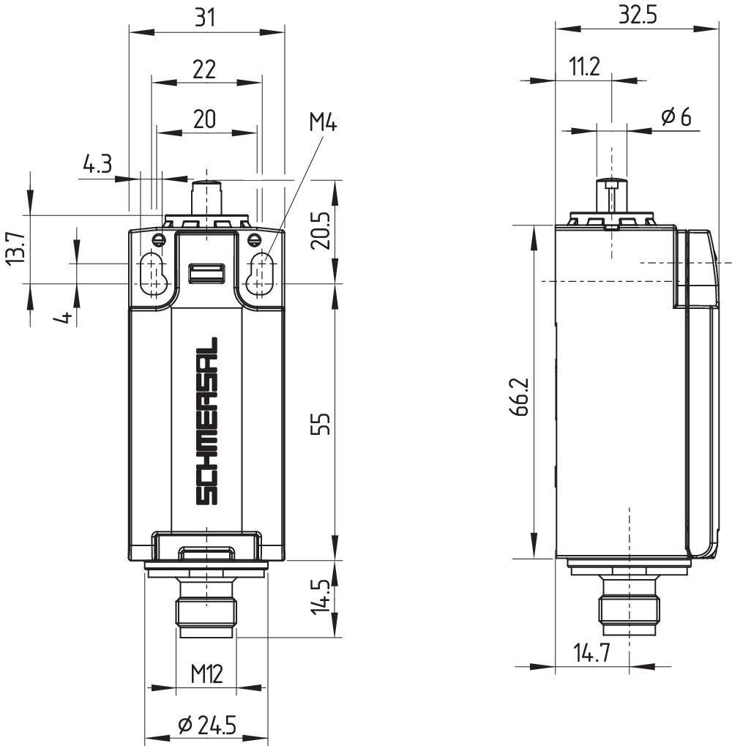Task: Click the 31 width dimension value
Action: (206, 18)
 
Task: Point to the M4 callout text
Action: (322, 122)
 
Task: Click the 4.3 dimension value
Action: (97, 165)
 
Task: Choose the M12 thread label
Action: (206, 672)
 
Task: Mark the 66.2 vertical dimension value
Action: (520, 398)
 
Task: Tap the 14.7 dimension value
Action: (591, 652)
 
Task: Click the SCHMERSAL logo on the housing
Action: (207, 421)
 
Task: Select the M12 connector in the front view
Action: (206, 605)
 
